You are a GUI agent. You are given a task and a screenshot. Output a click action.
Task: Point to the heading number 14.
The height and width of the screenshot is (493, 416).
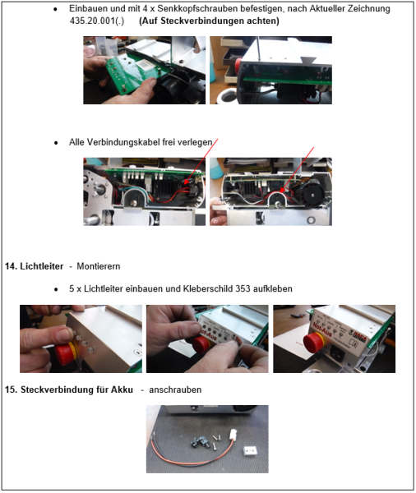tap(11, 267)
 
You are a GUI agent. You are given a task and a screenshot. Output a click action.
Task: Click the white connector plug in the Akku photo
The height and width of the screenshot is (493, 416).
tap(221, 440)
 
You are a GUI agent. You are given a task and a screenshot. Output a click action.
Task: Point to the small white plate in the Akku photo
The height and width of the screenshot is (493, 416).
tap(250, 450)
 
